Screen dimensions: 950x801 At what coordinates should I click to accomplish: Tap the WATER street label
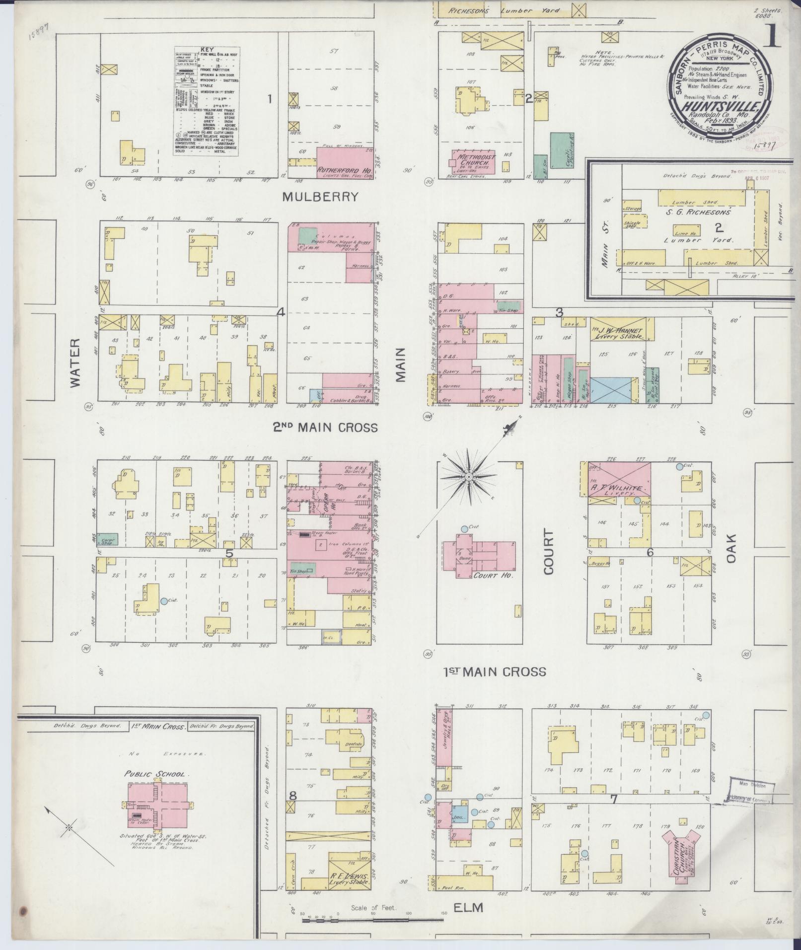click(x=75, y=363)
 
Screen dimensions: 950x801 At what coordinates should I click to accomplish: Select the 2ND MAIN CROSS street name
click(x=325, y=427)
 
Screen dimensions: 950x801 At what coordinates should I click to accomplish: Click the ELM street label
click(x=468, y=908)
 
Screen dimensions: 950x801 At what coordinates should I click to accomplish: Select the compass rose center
click(x=468, y=477)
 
